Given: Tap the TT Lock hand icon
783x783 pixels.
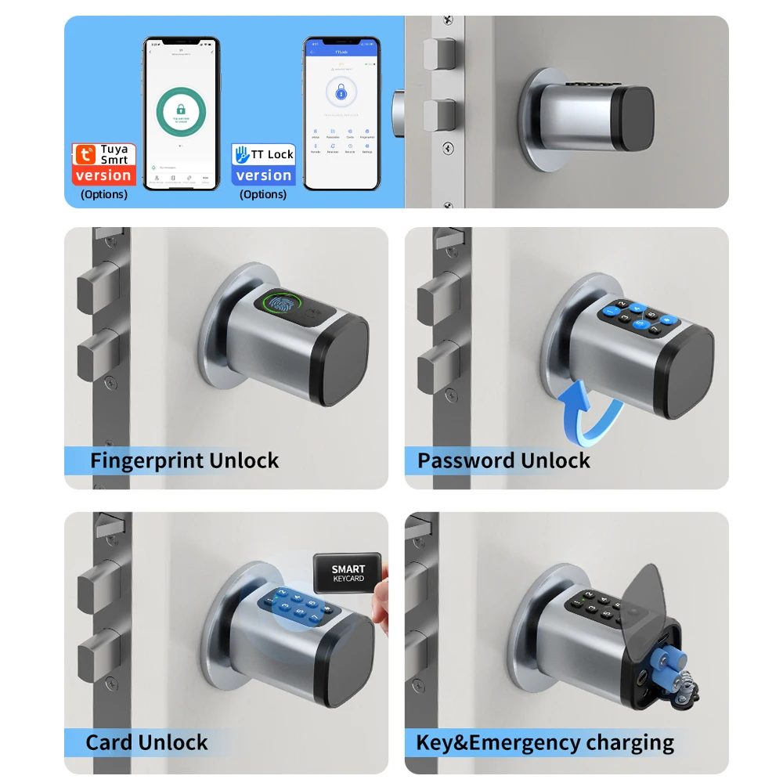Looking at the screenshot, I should (x=241, y=154).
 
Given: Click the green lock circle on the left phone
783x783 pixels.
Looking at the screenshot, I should (x=181, y=112).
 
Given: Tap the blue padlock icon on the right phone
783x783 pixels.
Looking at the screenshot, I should (x=341, y=93).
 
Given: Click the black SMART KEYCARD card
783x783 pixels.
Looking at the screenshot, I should (x=348, y=574).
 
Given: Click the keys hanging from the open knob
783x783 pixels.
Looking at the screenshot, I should (x=686, y=689).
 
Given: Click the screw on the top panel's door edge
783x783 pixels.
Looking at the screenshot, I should (x=448, y=147).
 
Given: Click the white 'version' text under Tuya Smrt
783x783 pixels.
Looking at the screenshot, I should (x=103, y=175).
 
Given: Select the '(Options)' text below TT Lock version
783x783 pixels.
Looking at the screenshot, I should (x=263, y=194).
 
